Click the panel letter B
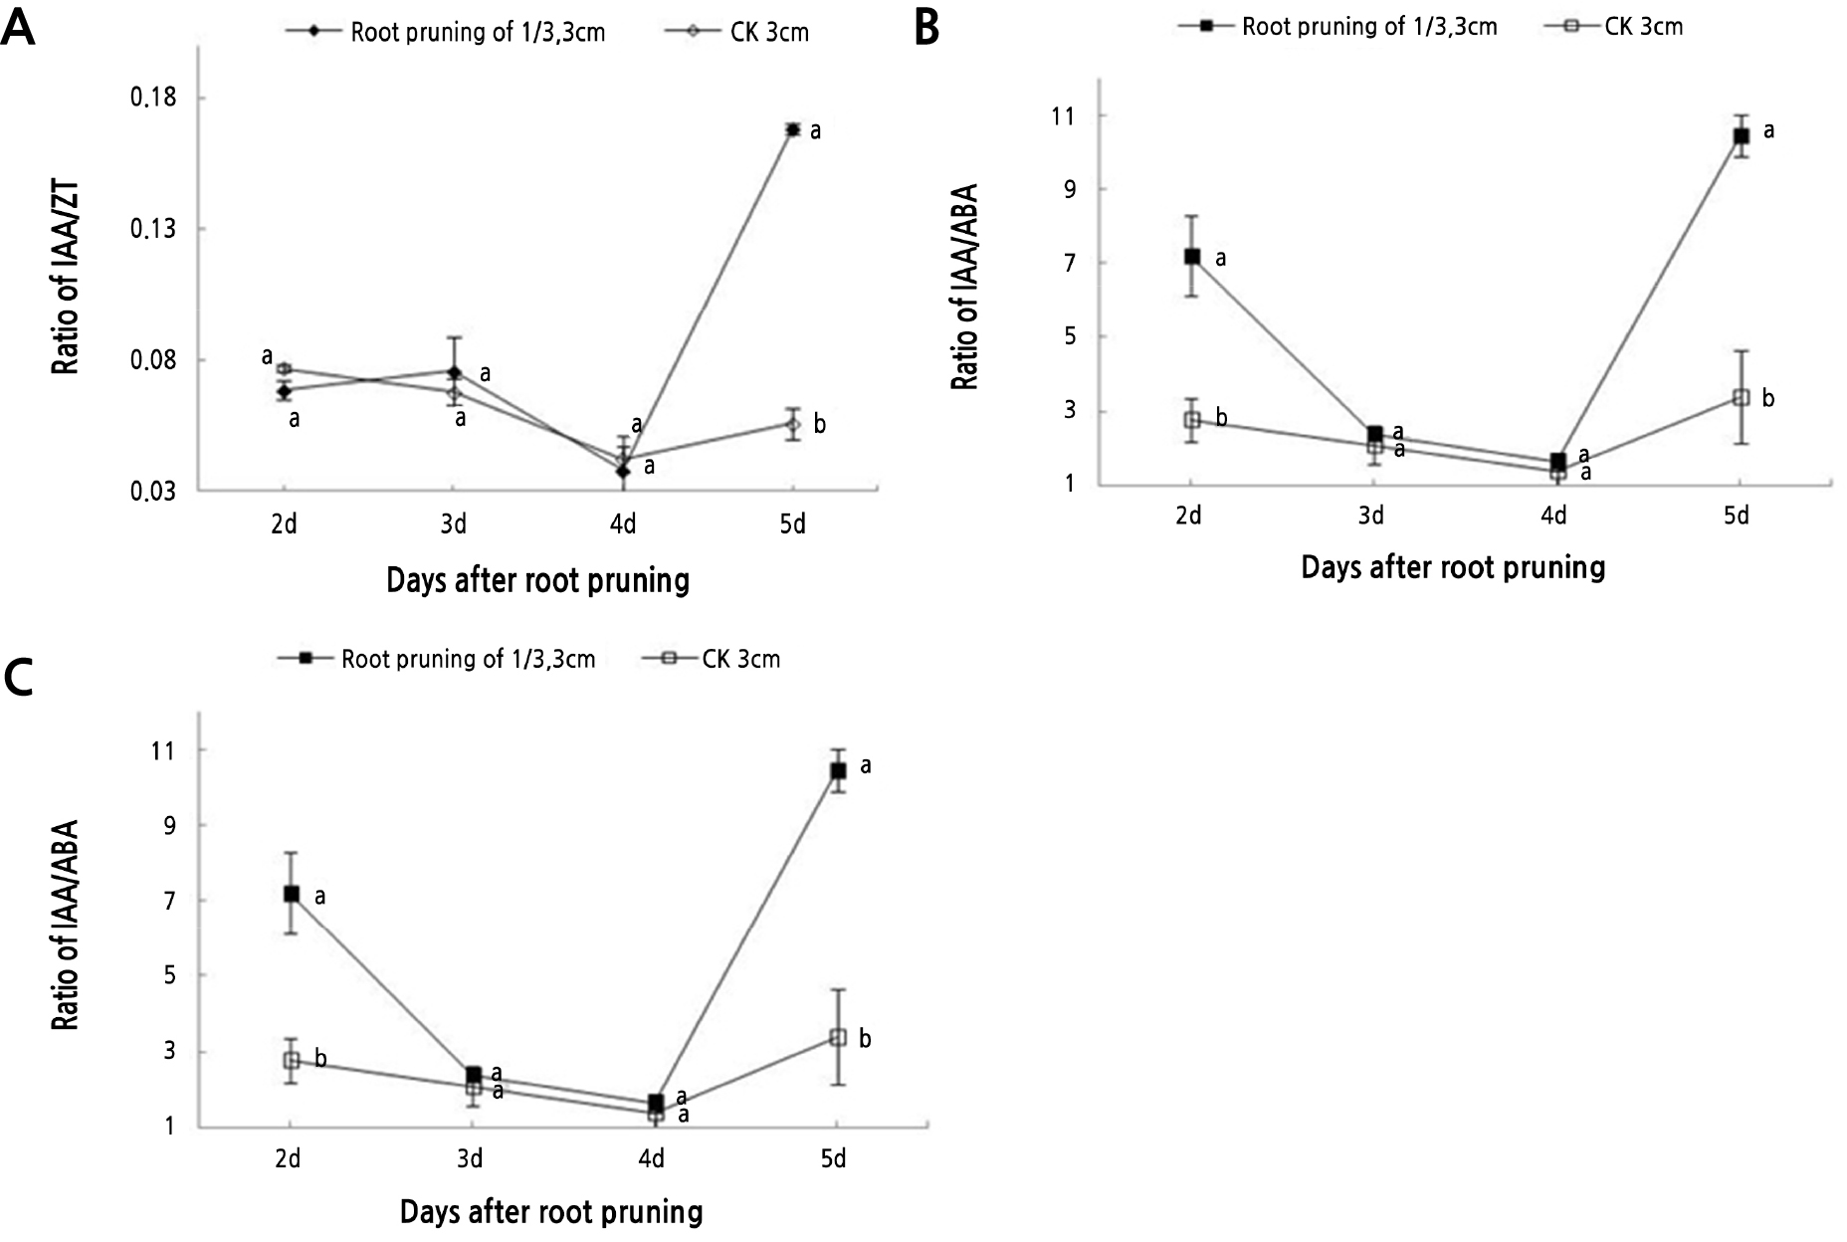pyautogui.click(x=925, y=28)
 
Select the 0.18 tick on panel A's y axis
pyautogui.click(x=153, y=98)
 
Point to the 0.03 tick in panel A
pyautogui.click(x=153, y=491)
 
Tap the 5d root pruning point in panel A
pyautogui.click(x=792, y=129)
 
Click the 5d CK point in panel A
pyautogui.click(x=792, y=425)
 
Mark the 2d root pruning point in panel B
pyautogui.click(x=1191, y=257)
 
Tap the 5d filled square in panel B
pyautogui.click(x=1741, y=135)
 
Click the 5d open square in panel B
pyautogui.click(x=1740, y=397)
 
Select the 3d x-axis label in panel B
pyautogui.click(x=1371, y=516)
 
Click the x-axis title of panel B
pyautogui.click(x=1453, y=568)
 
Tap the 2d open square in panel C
pyautogui.click(x=291, y=1061)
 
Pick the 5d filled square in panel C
pyautogui.click(x=838, y=770)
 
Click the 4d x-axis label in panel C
pyautogui.click(x=652, y=1159)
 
